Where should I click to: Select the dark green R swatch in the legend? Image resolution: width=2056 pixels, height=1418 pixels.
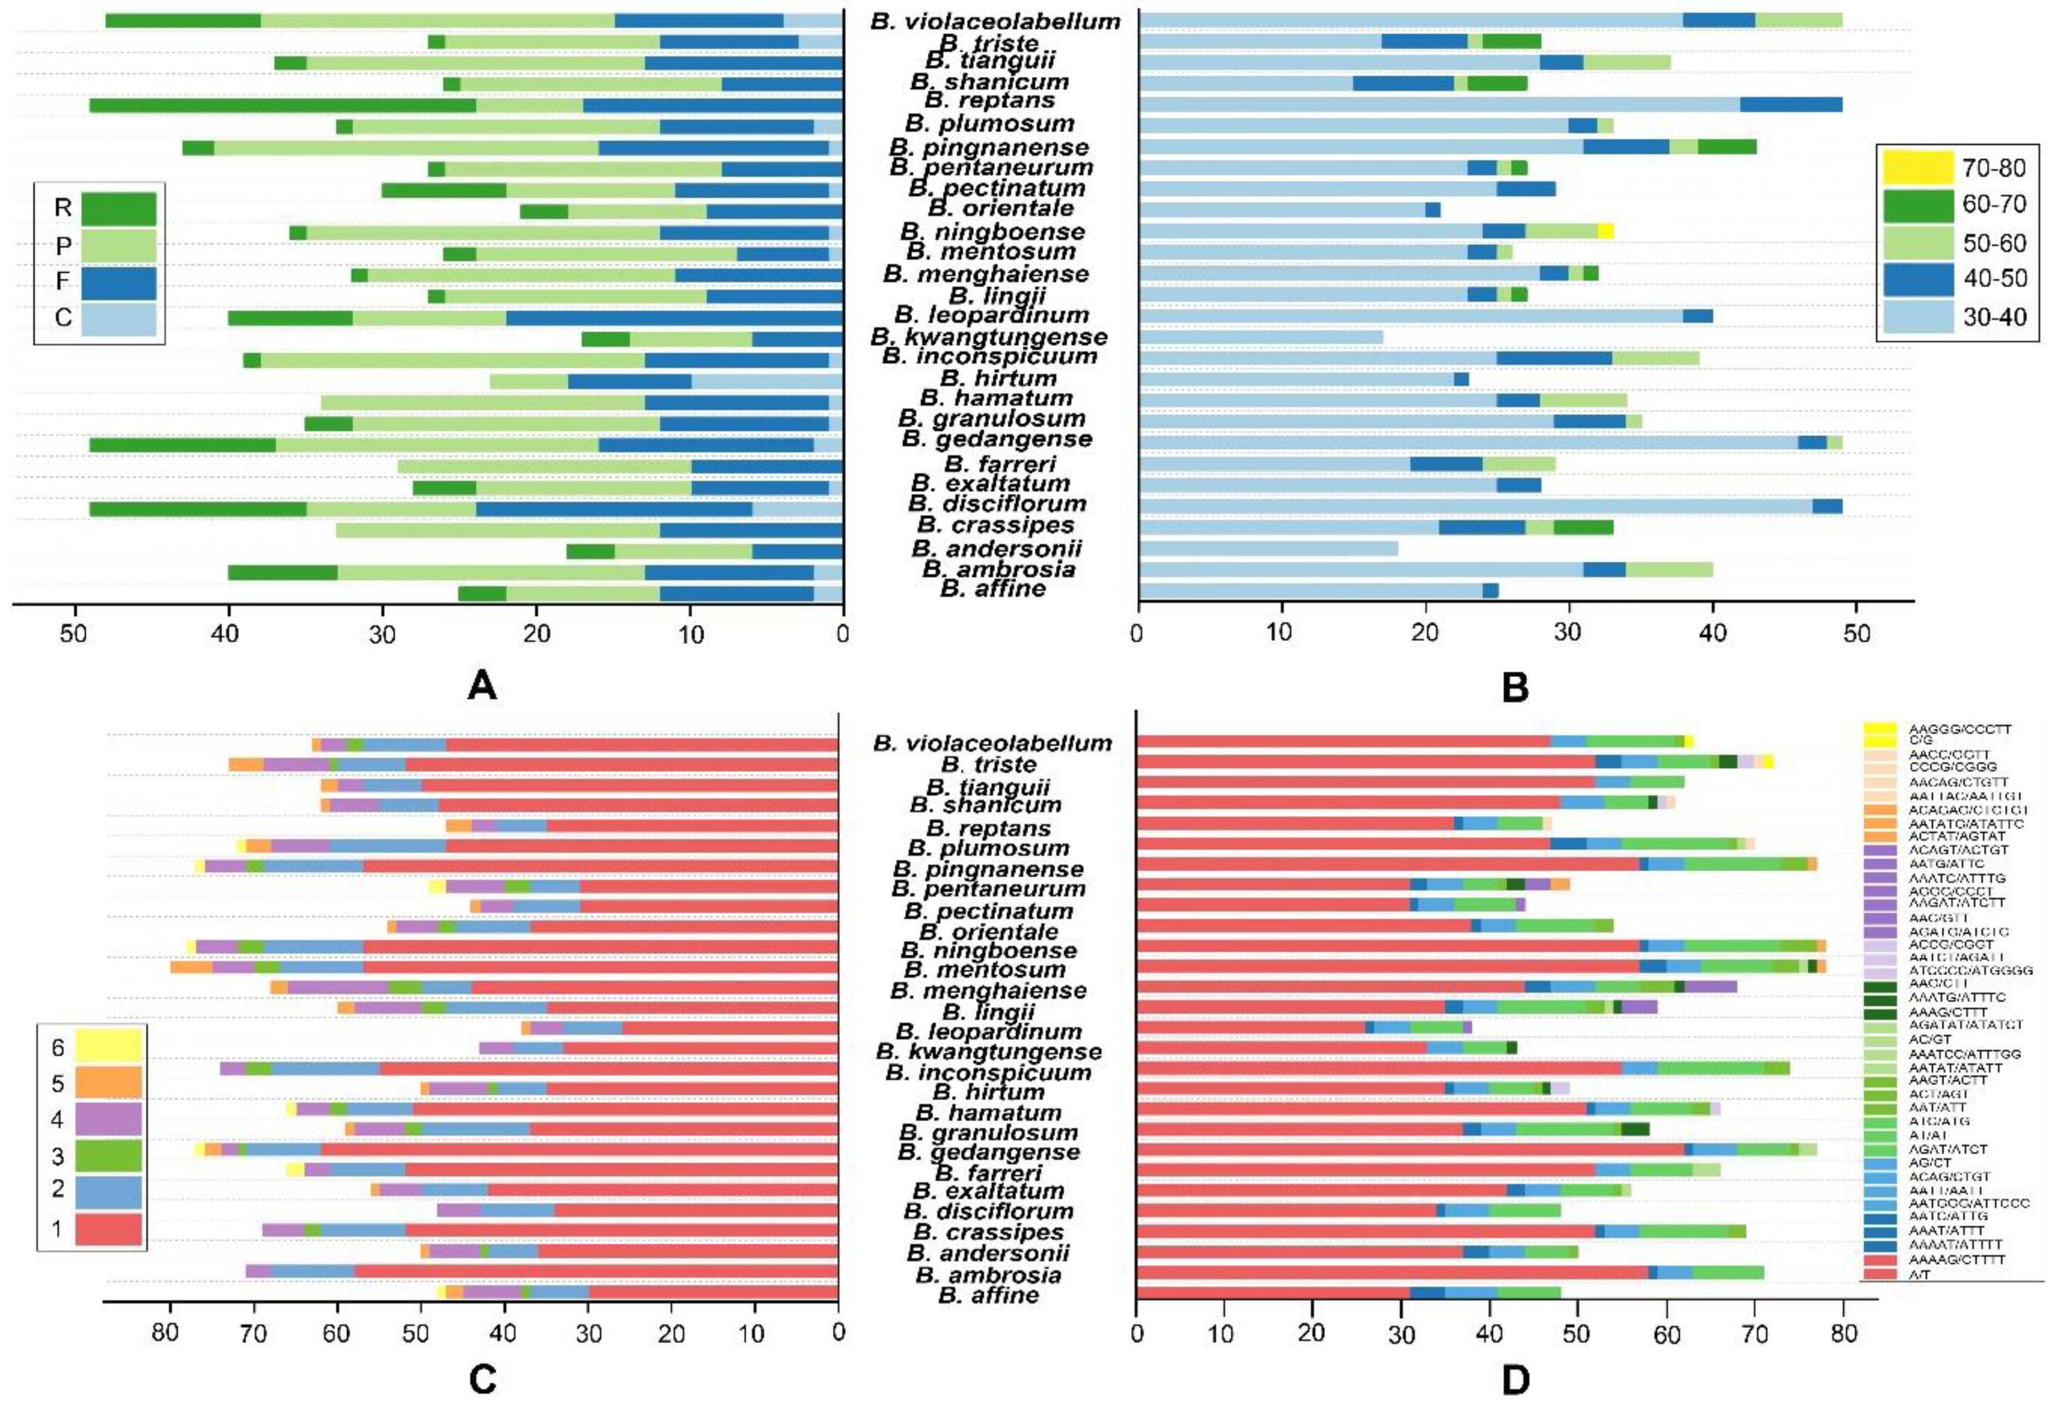(118, 209)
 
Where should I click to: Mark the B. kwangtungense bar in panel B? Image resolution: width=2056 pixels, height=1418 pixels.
(1261, 338)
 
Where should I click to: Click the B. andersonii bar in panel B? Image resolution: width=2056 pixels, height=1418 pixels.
(1268, 548)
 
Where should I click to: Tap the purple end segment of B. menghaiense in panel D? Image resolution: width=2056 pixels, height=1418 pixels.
(1710, 986)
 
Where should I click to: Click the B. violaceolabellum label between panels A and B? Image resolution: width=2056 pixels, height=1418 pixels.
(995, 22)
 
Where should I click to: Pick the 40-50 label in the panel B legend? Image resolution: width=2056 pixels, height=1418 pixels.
(1995, 278)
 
